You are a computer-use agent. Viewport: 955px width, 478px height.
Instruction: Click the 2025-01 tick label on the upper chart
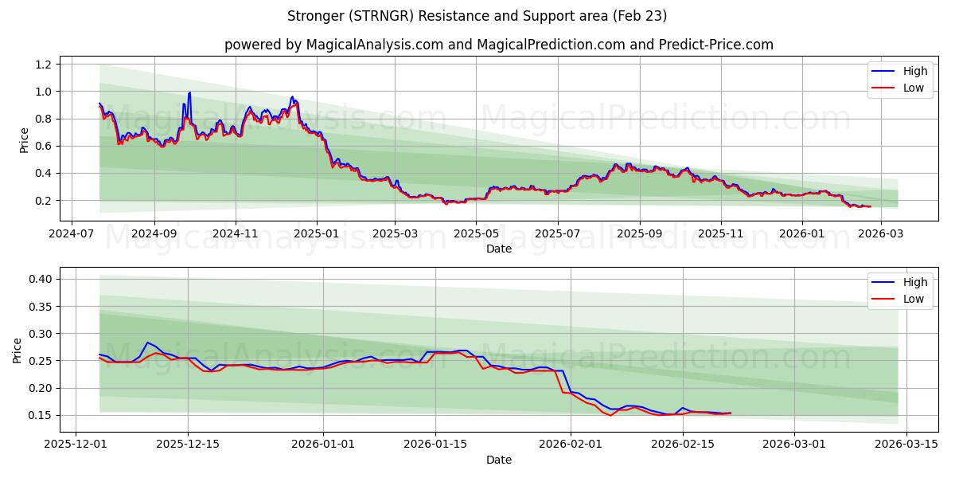(x=317, y=235)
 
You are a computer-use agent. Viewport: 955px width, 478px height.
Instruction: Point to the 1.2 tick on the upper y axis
(x=44, y=65)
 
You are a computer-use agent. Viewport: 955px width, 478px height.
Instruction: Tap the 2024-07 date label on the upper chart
(x=72, y=235)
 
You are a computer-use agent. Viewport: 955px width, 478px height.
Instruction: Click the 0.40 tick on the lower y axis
(x=41, y=279)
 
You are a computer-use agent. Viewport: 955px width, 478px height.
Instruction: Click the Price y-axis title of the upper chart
(x=24, y=140)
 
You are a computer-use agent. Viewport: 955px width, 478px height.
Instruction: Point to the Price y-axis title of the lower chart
(x=18, y=351)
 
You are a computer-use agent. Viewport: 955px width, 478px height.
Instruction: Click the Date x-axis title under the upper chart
(x=499, y=249)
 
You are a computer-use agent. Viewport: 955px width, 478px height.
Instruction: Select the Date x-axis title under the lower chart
(x=499, y=460)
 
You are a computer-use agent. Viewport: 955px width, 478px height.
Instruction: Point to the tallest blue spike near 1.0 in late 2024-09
(x=189, y=93)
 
